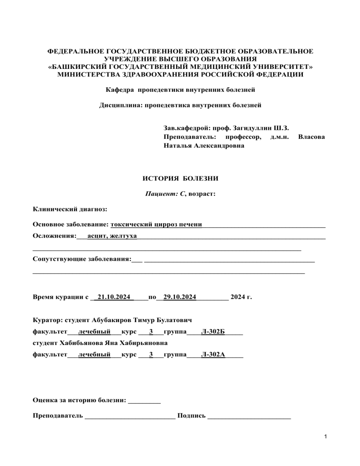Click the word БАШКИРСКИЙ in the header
[x=79, y=68]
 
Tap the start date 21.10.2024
[x=113, y=297]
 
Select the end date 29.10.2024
[x=180, y=297]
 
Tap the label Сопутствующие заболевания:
[x=82, y=259]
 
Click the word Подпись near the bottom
[x=191, y=415]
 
